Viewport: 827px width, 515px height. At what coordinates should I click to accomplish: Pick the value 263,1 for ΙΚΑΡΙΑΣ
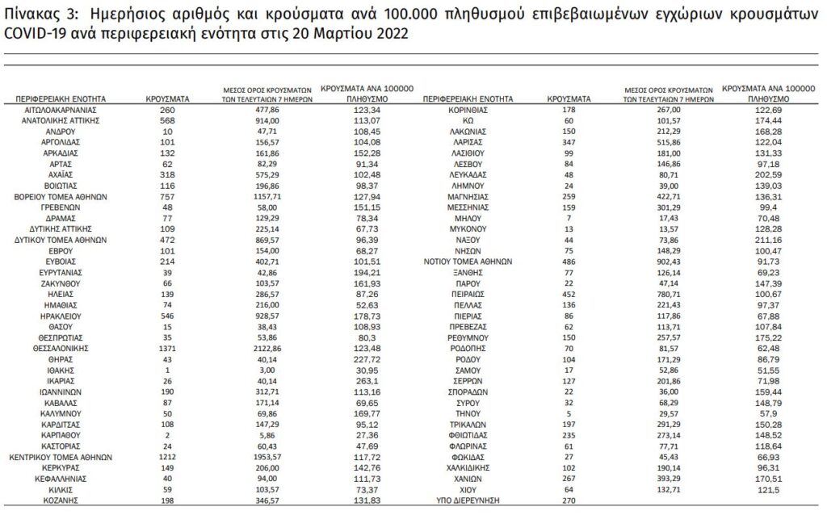click(x=367, y=381)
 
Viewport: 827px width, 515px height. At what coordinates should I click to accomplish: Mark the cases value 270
click(x=569, y=500)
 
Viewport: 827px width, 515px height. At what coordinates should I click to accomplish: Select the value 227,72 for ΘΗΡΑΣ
click(x=367, y=359)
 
